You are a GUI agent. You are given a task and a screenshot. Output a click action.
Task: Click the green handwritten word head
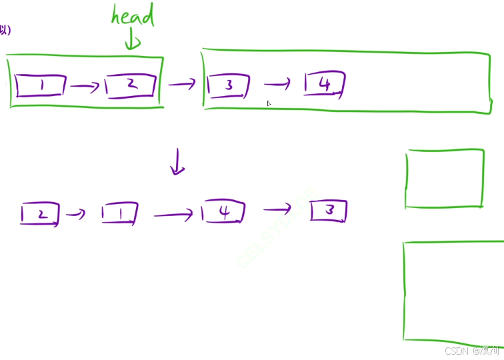133,16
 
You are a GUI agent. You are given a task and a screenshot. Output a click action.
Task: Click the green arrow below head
133,40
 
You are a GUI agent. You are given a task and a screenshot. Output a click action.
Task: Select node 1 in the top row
41,85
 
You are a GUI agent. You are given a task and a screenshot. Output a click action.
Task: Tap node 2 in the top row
131,85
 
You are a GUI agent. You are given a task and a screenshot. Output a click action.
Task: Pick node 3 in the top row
228,86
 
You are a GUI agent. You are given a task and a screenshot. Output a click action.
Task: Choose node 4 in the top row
325,85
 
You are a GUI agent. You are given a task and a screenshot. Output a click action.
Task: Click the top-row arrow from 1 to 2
85,86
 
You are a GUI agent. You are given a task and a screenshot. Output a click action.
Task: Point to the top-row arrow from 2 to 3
181,84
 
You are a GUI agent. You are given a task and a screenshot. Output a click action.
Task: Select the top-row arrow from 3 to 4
277,84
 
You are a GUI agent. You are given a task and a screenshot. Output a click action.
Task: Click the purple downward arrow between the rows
177,162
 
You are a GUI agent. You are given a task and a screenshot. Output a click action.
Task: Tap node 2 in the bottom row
40,215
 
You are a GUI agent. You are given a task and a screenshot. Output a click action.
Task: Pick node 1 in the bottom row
119,214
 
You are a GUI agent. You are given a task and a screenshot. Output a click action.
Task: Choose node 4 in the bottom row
224,213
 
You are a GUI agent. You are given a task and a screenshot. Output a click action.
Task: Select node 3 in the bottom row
329,211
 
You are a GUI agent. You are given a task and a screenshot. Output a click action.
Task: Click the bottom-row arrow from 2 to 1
76,214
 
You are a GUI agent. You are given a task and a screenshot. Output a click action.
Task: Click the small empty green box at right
444,179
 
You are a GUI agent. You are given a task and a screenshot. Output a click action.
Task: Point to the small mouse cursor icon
269,103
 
